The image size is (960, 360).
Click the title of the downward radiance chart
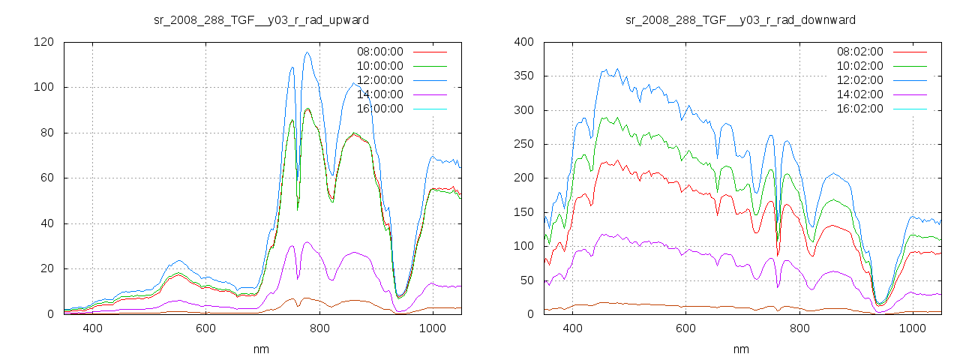pos(740,19)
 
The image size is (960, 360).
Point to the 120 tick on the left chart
pos(43,42)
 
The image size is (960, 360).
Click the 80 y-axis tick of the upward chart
pos(46,133)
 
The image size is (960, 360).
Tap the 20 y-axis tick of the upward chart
pos(46,268)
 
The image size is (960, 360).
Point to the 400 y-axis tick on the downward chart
pos(523,42)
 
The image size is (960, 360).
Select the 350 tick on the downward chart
pos(523,76)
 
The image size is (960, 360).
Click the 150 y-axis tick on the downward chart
pos(523,212)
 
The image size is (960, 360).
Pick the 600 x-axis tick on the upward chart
pos(206,328)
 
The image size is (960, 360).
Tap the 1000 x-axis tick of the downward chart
pos(913,328)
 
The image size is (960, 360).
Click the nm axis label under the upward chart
pos(261,349)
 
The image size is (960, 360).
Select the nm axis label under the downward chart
pos(740,349)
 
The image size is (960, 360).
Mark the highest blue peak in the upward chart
pos(307,52)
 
